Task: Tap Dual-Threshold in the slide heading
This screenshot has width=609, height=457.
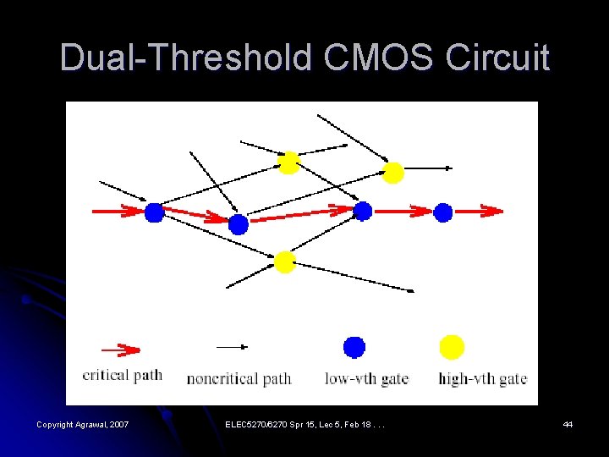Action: point(186,58)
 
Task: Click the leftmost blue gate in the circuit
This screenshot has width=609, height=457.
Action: point(153,212)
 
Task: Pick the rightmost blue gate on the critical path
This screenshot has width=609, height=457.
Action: point(443,212)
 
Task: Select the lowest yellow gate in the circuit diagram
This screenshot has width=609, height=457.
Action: point(284,262)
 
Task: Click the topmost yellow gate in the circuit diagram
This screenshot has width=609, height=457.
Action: point(288,162)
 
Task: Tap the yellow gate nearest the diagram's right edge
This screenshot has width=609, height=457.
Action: point(392,173)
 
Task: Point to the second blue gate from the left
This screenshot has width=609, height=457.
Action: point(239,224)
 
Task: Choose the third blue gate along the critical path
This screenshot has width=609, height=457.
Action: point(362,212)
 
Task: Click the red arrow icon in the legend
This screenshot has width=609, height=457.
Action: point(120,350)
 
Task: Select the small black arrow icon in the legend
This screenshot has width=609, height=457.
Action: point(233,346)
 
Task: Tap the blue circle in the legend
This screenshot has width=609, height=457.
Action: point(354,347)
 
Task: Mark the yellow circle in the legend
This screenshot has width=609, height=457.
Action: point(453,347)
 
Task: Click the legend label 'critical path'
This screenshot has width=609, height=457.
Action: point(122,375)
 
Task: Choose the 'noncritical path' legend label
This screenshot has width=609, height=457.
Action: point(239,378)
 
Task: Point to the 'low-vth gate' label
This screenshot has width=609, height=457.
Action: point(366,378)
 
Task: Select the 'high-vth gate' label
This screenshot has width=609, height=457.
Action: point(482,378)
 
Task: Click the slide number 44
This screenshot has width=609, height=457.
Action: point(568,424)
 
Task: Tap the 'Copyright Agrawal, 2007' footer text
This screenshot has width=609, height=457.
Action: point(82,424)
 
